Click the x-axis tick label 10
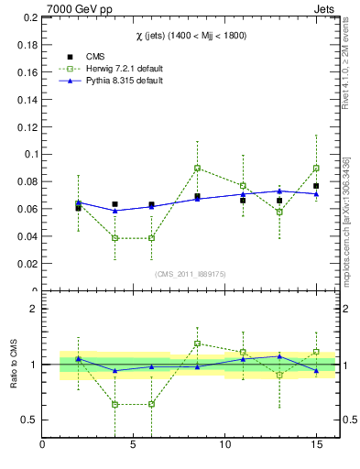coord(225,446)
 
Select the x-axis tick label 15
coord(316,446)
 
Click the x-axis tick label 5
coord(134,446)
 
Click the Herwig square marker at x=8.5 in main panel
coord(197,168)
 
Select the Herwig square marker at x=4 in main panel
coord(115,238)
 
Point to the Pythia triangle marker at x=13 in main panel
coord(279,191)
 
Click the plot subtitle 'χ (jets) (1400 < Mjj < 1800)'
coord(188,34)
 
